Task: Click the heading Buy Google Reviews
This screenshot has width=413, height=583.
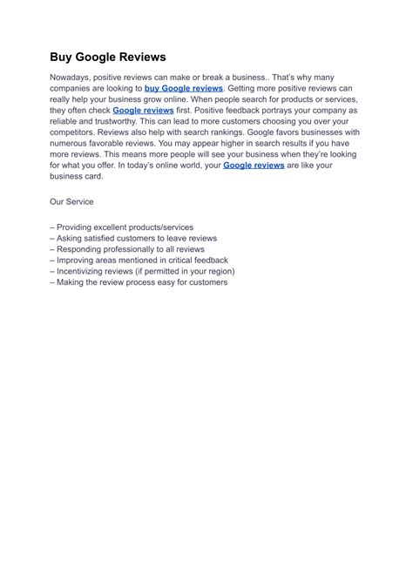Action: pos(107,58)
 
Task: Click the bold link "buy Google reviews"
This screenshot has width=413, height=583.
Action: pos(184,89)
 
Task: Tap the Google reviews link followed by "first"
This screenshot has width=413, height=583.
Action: pos(144,111)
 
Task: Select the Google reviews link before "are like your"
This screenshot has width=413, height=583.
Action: pos(254,165)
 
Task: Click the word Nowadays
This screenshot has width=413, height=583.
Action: pos(73,78)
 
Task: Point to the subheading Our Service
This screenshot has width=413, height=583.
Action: pos(72,202)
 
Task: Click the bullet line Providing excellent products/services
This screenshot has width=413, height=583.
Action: pos(122,227)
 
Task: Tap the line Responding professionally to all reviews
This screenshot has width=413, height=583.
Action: pos(131,249)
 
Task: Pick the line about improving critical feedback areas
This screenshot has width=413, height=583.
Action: pos(139,260)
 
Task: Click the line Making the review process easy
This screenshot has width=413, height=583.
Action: pos(139,282)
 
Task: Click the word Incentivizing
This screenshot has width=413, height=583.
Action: pos(85,271)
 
